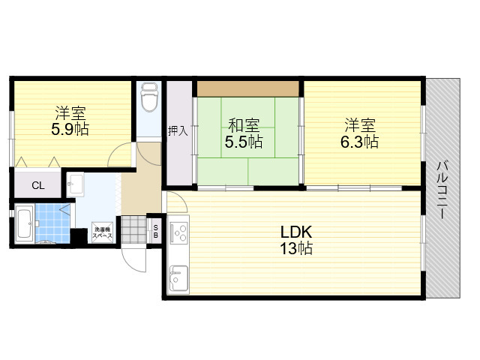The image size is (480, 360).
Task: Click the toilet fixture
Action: (x=149, y=96)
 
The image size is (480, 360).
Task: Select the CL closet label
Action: (x=38, y=185)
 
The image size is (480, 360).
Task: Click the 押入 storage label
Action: (x=178, y=131)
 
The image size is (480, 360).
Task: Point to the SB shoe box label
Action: (x=155, y=232)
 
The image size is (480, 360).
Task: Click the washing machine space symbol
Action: (x=103, y=232)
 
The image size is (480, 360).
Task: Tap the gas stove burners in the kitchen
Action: (x=179, y=232)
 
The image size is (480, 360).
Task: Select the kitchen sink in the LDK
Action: (x=178, y=278)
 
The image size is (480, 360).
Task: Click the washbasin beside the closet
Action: (x=75, y=184)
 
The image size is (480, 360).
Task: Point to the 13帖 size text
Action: (x=296, y=248)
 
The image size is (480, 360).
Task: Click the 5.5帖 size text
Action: (x=244, y=142)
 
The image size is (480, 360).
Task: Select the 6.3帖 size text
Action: (x=359, y=142)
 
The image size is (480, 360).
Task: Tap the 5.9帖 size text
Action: (x=70, y=129)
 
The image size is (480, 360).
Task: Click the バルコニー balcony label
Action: (x=442, y=190)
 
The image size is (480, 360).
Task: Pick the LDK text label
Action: (x=296, y=232)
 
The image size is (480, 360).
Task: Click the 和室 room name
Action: (x=244, y=125)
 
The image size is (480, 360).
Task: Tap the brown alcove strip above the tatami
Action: (x=248, y=88)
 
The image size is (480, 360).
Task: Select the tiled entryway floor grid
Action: (x=134, y=229)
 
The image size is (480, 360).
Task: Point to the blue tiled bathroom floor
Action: (x=52, y=223)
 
